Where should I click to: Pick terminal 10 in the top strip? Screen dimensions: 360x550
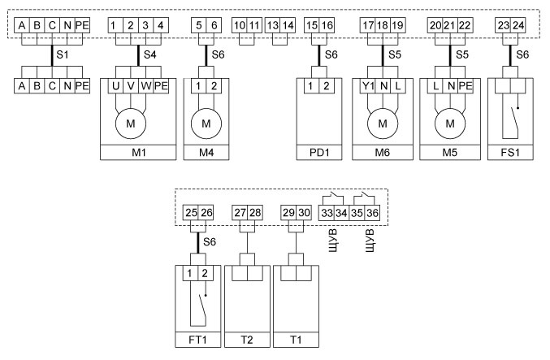[x=239, y=25]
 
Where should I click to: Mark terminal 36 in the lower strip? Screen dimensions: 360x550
[x=374, y=213]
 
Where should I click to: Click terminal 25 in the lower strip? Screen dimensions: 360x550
[x=189, y=213]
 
